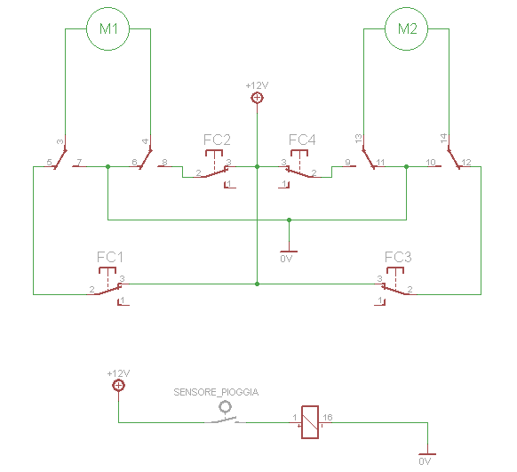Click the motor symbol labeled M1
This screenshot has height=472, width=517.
tap(107, 28)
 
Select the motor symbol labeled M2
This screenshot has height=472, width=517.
tap(407, 28)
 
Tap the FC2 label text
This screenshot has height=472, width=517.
tap(217, 140)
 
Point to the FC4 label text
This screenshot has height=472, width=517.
tap(302, 140)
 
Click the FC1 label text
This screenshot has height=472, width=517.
tap(109, 257)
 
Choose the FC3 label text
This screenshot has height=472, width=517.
tap(398, 257)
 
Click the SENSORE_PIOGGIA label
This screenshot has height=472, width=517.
tap(216, 391)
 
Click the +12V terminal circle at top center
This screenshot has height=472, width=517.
tap(257, 98)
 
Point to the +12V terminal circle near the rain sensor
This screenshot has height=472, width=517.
tap(118, 386)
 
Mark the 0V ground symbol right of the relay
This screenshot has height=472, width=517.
tap(426, 455)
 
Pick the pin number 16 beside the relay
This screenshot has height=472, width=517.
tap(328, 416)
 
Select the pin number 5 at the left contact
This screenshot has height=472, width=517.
tap(48, 162)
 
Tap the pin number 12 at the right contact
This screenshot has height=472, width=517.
tap(467, 162)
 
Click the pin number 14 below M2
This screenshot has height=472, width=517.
tap(443, 139)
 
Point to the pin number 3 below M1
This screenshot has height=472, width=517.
tap(60, 141)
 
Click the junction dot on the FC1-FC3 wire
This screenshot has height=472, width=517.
tap(257, 284)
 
